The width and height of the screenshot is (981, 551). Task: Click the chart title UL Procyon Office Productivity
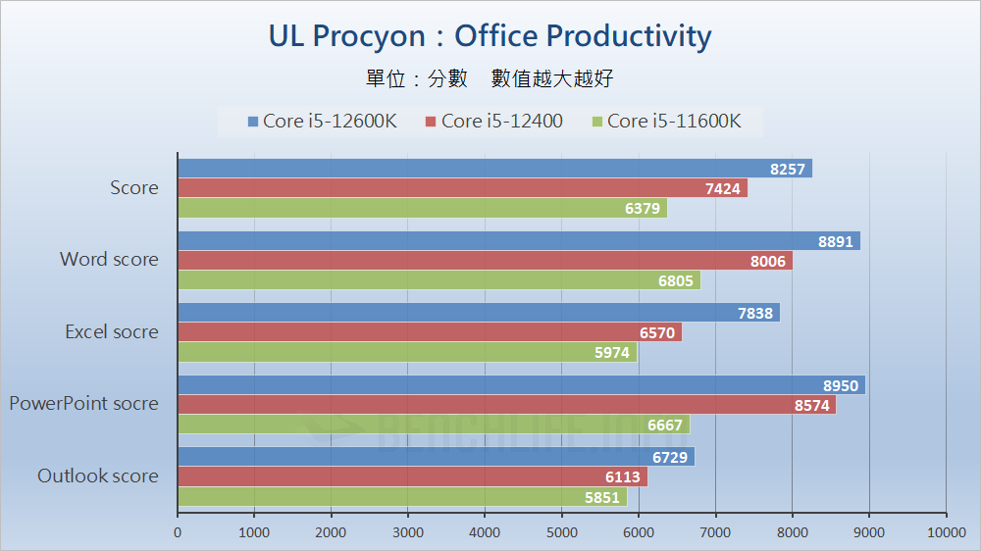pyautogui.click(x=490, y=36)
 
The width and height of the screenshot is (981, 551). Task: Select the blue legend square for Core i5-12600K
pyautogui.click(x=253, y=122)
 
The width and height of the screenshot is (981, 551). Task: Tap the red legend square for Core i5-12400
pyautogui.click(x=431, y=122)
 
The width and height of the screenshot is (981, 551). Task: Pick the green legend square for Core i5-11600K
pyautogui.click(x=596, y=122)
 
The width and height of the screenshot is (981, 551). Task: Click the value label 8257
pyautogui.click(x=787, y=169)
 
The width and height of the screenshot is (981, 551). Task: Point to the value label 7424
pyautogui.click(x=722, y=188)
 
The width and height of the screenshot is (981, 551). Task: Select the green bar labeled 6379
pyautogui.click(x=422, y=208)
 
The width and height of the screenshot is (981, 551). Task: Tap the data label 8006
pyautogui.click(x=766, y=261)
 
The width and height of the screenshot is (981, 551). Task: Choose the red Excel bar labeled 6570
pyautogui.click(x=429, y=333)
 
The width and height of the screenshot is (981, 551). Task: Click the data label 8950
pyautogui.click(x=840, y=385)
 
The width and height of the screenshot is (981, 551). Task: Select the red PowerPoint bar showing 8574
pyautogui.click(x=506, y=405)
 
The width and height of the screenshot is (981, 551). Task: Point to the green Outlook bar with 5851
pyautogui.click(x=401, y=497)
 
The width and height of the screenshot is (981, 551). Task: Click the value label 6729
pyautogui.click(x=670, y=458)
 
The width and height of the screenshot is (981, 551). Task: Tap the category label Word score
pyautogui.click(x=109, y=260)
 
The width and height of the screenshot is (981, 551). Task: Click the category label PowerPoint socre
pyautogui.click(x=83, y=403)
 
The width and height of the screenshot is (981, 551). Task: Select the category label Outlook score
pyautogui.click(x=97, y=476)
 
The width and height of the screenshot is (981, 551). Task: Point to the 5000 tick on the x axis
pyautogui.click(x=562, y=532)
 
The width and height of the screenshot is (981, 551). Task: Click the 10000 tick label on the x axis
pyautogui.click(x=946, y=532)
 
